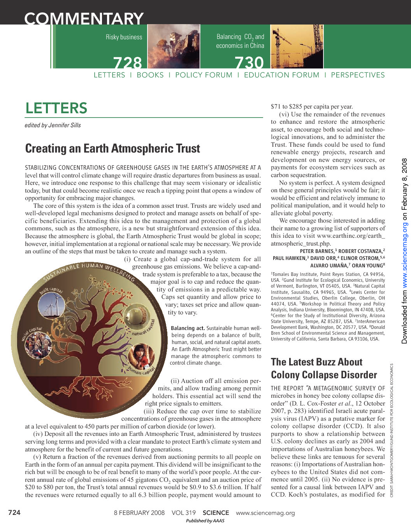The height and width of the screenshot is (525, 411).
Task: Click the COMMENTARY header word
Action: click(84, 18)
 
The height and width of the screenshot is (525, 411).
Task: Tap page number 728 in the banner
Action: click(128, 63)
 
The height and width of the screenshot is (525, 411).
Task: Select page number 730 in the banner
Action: click(249, 63)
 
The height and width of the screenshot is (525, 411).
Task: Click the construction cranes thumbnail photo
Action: click(297, 46)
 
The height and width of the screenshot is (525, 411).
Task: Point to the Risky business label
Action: click(124, 37)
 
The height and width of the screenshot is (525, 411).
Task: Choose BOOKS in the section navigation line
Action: click(150, 75)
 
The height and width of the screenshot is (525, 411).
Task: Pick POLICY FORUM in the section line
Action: click(204, 75)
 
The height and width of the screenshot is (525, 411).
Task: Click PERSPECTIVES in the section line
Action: click(358, 75)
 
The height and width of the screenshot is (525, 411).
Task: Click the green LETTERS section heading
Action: click(56, 108)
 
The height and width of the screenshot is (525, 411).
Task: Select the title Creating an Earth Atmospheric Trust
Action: click(112, 149)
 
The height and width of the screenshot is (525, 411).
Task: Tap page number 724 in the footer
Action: click(14, 513)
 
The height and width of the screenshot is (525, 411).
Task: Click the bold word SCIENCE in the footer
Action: click(216, 513)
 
